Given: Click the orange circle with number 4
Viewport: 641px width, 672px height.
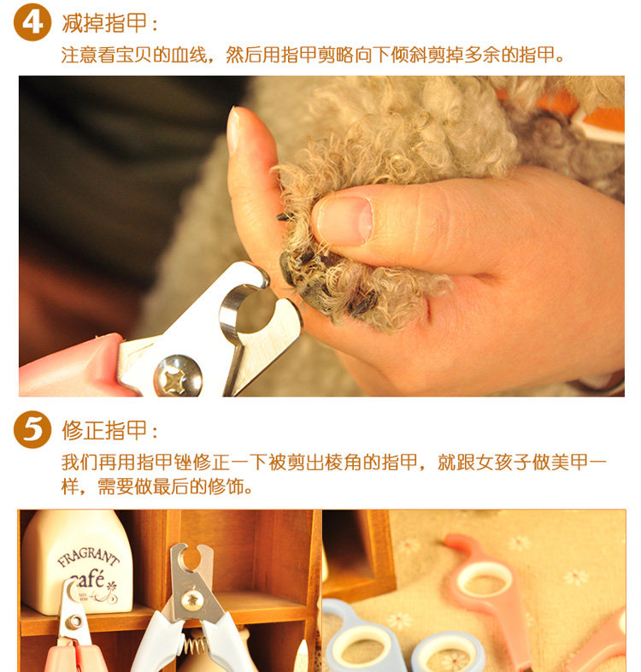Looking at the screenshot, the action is click(32, 22).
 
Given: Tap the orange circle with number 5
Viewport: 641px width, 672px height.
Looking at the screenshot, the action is click(32, 429).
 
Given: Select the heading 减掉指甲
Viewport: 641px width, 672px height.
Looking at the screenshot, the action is click(104, 23).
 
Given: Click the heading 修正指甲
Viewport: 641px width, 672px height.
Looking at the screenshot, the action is click(104, 430).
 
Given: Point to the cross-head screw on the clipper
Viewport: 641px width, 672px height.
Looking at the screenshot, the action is click(179, 376).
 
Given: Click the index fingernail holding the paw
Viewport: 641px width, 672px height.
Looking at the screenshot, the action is click(345, 221).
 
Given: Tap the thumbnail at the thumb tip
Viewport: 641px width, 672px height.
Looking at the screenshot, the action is click(233, 131).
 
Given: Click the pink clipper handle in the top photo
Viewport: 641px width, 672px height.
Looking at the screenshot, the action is click(71, 367).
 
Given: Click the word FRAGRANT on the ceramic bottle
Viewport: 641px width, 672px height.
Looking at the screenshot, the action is click(88, 557).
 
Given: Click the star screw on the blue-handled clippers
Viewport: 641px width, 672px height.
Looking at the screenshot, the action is click(191, 599).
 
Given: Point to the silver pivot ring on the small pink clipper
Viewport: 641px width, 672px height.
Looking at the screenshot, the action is click(74, 622).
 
